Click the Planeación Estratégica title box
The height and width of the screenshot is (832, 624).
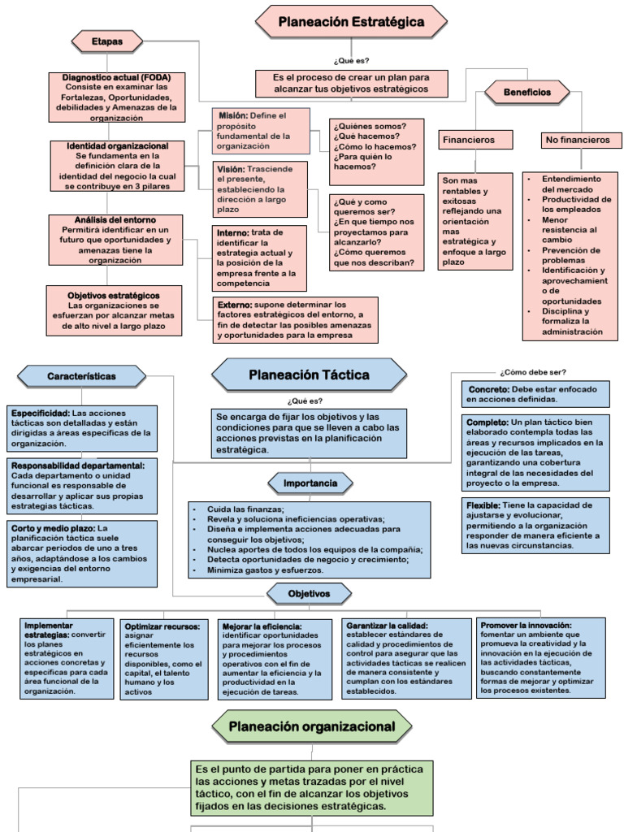351,23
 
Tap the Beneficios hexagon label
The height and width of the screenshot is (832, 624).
526,93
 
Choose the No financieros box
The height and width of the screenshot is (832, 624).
578,141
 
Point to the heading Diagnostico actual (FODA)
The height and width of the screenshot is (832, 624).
121,77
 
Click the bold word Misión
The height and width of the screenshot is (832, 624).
232,116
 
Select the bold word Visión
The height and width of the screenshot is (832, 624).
231,168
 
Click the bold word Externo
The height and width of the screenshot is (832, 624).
235,305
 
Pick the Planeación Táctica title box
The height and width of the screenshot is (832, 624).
309,375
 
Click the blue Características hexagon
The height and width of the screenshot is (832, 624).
81,376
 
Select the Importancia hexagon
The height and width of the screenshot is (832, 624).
310,483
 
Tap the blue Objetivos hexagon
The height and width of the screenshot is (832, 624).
309,594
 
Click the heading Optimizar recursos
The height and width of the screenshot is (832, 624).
156,626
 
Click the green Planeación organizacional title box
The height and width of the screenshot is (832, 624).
311,726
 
